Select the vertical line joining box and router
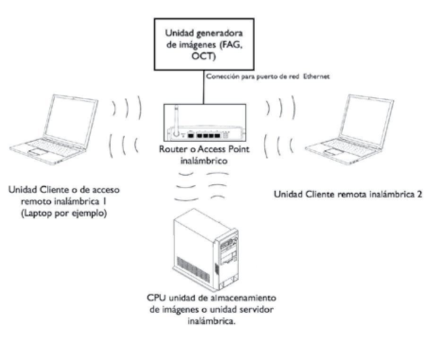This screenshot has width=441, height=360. pyautogui.click(x=204, y=87)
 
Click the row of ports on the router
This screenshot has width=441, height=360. pyautogui.click(x=205, y=135)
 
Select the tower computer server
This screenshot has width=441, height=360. pyautogui.click(x=207, y=253)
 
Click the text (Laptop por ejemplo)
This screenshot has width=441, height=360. pyautogui.click(x=64, y=213)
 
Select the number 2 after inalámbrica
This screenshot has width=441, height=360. pyautogui.click(x=419, y=194)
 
